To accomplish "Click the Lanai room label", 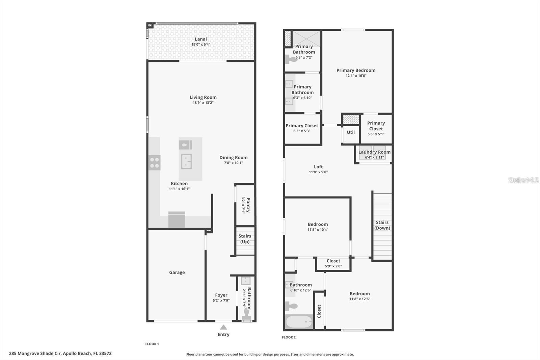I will point(201,39).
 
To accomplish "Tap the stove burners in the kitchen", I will point(155,162).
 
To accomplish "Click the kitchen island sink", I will point(186,161).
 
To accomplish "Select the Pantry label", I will point(248,205).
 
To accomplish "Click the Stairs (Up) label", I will point(245,239).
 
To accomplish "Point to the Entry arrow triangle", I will point(223,327).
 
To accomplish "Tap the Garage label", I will point(177,273).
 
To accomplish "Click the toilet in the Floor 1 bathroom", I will point(246,314).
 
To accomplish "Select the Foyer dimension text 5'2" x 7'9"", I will point(221,301).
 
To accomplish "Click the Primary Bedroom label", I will point(356,70).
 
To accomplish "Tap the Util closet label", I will point(351,132).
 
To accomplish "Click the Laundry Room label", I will point(374,152).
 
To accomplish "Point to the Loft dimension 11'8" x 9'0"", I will point(318,172).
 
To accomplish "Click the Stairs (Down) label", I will point(382,225).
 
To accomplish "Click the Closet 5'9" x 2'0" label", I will point(333,261).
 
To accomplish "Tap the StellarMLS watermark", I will point(523,180).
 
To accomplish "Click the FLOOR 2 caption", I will point(289,337).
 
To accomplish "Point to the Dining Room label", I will point(233,157).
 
